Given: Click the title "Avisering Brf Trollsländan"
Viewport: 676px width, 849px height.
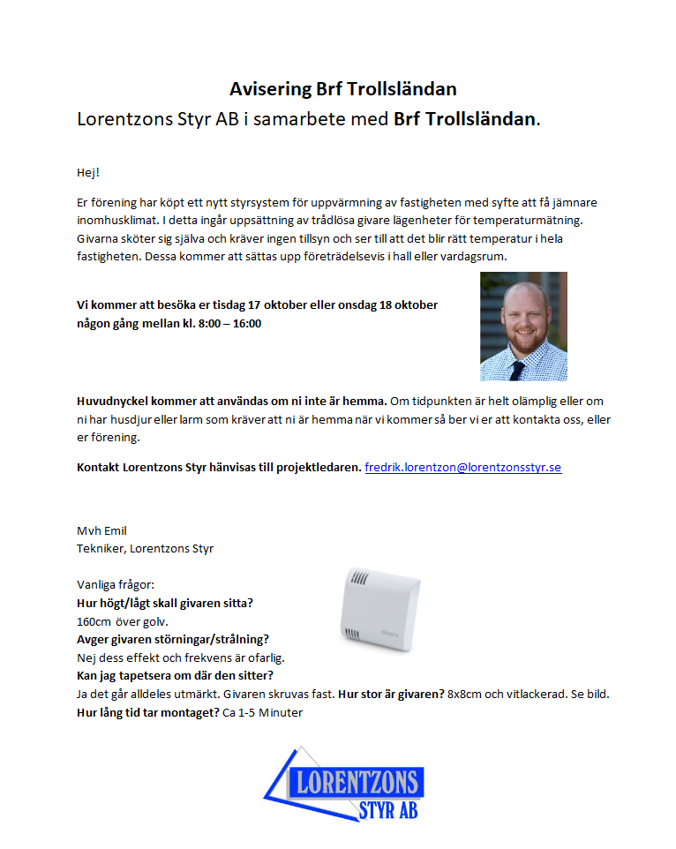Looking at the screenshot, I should point(342,89).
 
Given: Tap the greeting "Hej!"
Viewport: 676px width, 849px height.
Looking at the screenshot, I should point(89,171).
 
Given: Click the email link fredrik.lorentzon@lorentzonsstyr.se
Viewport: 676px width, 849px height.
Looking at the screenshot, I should point(462,467).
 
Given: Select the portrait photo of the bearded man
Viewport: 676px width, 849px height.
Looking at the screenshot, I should point(523,326).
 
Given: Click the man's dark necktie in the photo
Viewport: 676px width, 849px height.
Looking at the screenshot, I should point(517,367).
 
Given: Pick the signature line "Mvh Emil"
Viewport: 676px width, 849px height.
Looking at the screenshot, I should point(102,530).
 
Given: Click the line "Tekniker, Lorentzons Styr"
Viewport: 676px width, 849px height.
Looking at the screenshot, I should point(145,548).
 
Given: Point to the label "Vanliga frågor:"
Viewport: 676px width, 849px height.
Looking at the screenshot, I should point(116,585).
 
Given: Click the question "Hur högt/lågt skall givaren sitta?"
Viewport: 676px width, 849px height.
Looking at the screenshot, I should point(165,604).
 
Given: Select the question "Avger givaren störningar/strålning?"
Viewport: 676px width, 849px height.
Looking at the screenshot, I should point(173,639).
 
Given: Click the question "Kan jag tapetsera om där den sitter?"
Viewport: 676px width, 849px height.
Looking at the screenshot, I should point(176,675).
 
